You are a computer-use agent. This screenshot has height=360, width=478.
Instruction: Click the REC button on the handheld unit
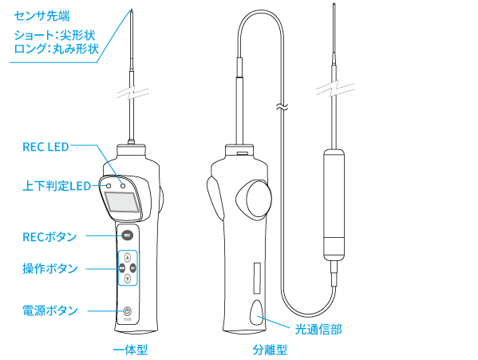click(128, 235)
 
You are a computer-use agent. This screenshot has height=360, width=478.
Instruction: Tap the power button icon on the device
click(128, 311)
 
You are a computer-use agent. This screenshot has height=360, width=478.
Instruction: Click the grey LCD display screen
click(121, 202)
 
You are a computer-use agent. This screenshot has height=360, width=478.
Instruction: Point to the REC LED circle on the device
click(123, 186)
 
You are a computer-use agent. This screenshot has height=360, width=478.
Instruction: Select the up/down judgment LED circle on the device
click(109, 186)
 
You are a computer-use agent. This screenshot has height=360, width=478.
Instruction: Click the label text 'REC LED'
click(45, 147)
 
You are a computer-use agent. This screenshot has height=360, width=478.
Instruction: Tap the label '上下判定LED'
click(57, 186)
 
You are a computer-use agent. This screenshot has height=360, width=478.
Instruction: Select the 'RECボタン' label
click(49, 237)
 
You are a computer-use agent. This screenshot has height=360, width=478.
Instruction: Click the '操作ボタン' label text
click(50, 268)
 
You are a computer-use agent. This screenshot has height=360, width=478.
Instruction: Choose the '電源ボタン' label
click(50, 311)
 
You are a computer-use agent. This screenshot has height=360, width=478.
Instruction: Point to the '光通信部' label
click(318, 329)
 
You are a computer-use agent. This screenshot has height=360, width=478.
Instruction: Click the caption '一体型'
click(131, 350)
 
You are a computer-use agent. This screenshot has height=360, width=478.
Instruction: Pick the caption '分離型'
click(270, 350)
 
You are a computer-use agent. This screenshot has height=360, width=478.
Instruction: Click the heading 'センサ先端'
click(41, 16)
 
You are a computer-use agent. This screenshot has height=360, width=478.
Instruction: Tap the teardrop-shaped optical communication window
click(257, 312)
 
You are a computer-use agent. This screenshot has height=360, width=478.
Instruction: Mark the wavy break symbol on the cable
click(282, 107)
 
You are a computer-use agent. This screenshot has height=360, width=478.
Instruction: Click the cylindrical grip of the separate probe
click(334, 205)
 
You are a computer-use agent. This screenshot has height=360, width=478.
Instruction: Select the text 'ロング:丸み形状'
click(57, 49)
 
